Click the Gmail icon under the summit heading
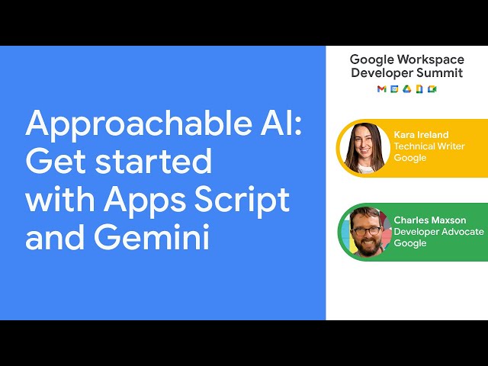point(381,89)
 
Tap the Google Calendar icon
point(394,89)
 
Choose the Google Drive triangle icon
point(406,89)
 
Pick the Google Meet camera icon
point(432,89)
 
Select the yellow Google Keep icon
point(419,89)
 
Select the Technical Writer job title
point(425,146)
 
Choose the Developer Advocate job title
point(438,232)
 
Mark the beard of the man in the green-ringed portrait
point(368,243)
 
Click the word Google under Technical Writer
point(409,158)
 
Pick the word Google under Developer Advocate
point(409,243)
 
